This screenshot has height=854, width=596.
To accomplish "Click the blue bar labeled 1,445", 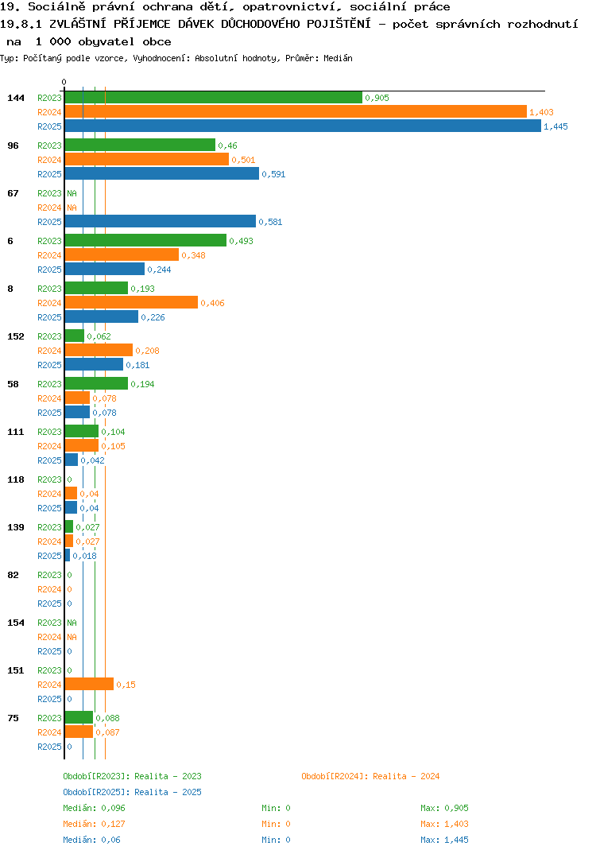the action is pyautogui.click(x=304, y=126).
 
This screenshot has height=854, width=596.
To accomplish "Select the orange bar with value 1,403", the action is pyautogui.click(x=296, y=111).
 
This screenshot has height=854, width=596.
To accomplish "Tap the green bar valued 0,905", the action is pyautogui.click(x=214, y=98).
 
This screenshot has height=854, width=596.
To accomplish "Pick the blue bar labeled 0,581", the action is pyautogui.click(x=161, y=221).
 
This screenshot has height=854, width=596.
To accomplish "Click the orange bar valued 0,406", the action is pyautogui.click(x=132, y=302).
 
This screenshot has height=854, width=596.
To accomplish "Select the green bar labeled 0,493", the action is pyautogui.click(x=146, y=240).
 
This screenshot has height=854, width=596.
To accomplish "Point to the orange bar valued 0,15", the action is pyautogui.click(x=89, y=684).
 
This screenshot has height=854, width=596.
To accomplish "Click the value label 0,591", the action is pyautogui.click(x=273, y=174).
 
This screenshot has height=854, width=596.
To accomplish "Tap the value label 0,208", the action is pyautogui.click(x=147, y=351).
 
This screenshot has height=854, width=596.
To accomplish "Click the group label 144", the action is pyautogui.click(x=16, y=98).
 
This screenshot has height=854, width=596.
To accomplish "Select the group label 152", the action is pyautogui.click(x=16, y=336).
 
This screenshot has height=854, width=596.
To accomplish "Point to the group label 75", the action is pyautogui.click(x=13, y=718).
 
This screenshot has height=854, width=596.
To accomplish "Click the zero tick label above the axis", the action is pyautogui.click(x=64, y=82).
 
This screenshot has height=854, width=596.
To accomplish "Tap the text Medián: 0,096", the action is pyautogui.click(x=94, y=808).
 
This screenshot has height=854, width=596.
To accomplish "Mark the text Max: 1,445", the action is pyautogui.click(x=444, y=840).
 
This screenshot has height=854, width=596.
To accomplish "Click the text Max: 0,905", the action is pyautogui.click(x=444, y=808).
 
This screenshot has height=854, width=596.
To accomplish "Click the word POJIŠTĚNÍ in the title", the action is pyautogui.click(x=339, y=24).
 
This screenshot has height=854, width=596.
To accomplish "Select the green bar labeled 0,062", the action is pyautogui.click(x=75, y=336).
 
